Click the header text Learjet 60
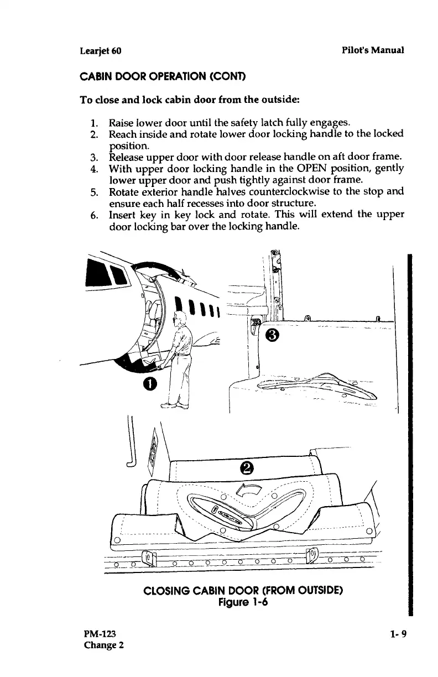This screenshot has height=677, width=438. pyautogui.click(x=101, y=51)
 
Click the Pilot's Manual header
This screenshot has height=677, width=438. pyautogui.click(x=373, y=50)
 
